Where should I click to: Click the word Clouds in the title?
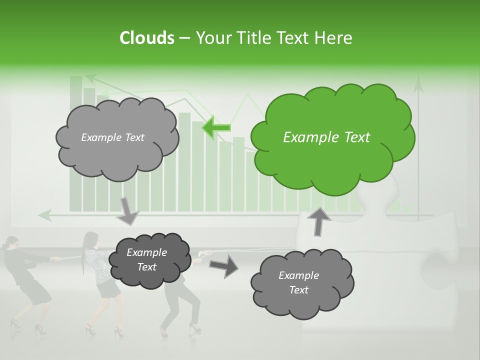(146, 38)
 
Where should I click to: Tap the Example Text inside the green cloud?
(326, 137)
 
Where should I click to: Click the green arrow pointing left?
(216, 127)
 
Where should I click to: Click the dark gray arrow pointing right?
(223, 265)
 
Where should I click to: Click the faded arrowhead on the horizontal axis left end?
(45, 215)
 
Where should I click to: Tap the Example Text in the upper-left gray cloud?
(112, 137)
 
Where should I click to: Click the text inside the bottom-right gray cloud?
(298, 282)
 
